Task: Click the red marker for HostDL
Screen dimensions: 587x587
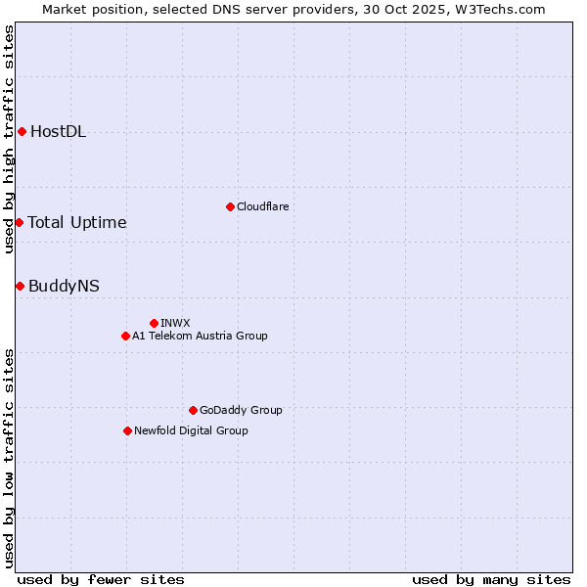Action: pos(22,132)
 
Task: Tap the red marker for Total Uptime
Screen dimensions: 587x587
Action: pos(19,222)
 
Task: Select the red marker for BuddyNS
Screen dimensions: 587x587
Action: pos(20,286)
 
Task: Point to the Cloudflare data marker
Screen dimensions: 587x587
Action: pos(230,206)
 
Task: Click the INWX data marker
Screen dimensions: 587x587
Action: pos(154,323)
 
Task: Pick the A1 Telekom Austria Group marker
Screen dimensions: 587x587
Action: pos(125,336)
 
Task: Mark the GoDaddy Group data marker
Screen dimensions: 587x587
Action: pos(193,410)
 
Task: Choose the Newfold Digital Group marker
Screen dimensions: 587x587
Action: pos(127,430)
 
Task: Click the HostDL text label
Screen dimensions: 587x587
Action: pos(59,132)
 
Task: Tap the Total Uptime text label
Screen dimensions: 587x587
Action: pos(77,222)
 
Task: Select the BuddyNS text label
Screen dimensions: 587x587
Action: pos(64,286)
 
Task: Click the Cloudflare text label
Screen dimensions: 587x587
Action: pos(262,206)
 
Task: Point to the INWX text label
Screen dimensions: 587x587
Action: pos(175,323)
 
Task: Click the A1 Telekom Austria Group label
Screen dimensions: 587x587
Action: pos(200,336)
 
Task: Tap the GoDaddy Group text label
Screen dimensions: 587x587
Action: pos(241,410)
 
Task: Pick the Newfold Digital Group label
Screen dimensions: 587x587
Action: pos(191,430)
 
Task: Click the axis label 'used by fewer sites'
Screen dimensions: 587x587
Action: pos(101,579)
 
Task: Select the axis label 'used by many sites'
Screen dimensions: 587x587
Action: pos(491,579)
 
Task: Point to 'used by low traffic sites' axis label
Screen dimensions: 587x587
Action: pos(9,457)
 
